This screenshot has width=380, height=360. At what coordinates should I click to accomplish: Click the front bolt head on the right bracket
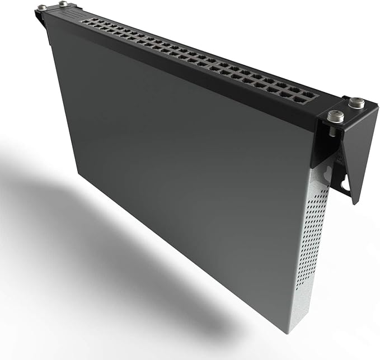(x=335, y=115)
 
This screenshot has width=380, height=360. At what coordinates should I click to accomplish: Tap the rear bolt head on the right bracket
(x=356, y=102)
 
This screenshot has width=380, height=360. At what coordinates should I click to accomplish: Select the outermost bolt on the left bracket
(x=42, y=7)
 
